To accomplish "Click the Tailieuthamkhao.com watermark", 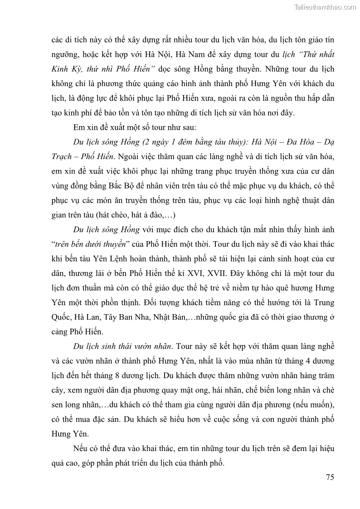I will tap(325, 7).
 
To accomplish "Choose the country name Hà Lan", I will tap(85, 318).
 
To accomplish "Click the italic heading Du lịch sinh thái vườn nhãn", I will tap(122, 347).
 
